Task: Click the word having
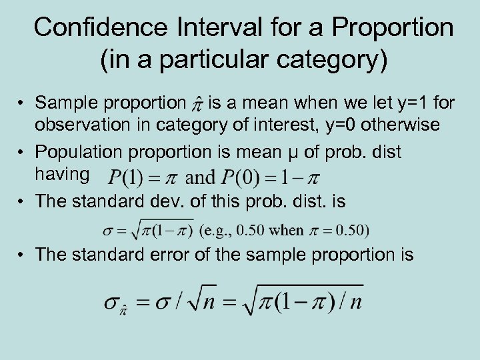[x=62, y=174]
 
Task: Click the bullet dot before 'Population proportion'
[x=22, y=153]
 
